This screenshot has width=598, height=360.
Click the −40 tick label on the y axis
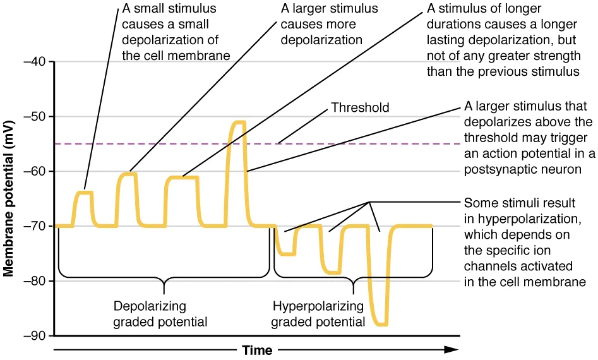point(33,62)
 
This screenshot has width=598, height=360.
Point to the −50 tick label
point(33,117)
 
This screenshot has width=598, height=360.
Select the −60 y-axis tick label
point(33,171)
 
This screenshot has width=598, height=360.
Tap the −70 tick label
point(33,226)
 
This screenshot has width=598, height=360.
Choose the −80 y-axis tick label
point(33,280)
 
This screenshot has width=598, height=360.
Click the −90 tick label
point(33,335)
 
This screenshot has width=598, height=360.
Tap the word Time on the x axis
point(258,350)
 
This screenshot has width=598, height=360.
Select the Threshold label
point(360,108)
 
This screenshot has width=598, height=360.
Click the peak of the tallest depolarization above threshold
point(237,122)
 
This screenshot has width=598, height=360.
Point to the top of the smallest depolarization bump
point(85,192)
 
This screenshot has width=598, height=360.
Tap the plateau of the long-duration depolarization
point(182,177)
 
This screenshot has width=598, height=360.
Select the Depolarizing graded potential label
point(160,314)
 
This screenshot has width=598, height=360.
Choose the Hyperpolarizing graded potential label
point(318,314)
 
